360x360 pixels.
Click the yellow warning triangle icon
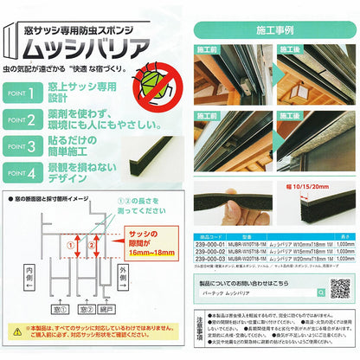point(16,330)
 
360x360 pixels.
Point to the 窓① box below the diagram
point(60,307)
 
